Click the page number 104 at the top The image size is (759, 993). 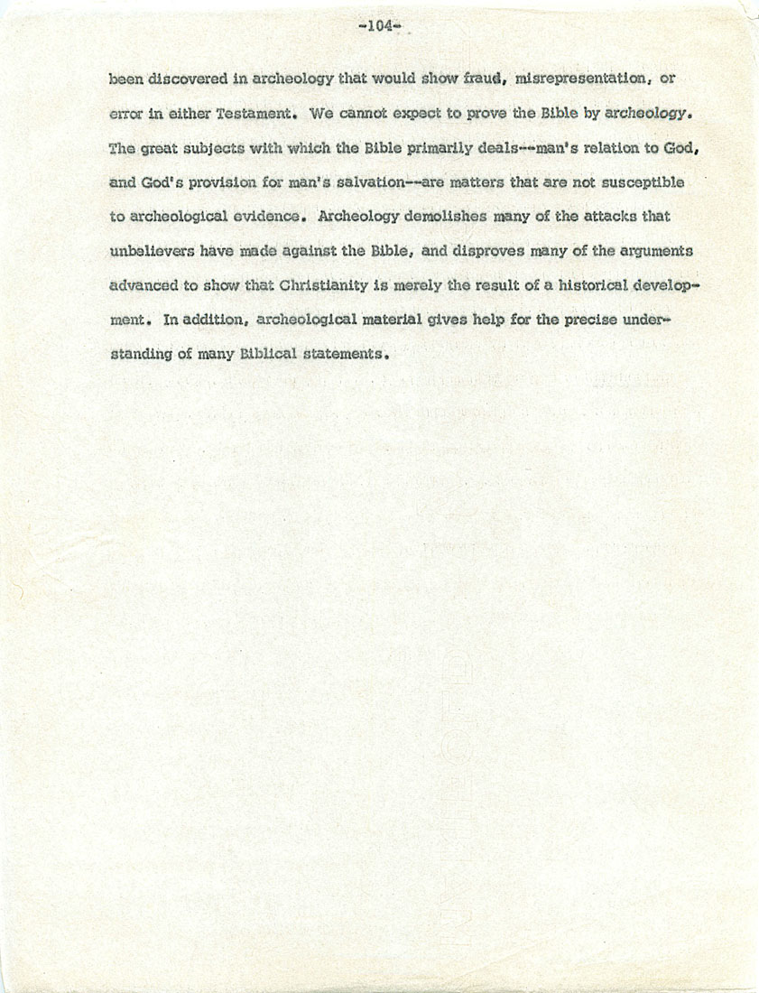[x=378, y=26]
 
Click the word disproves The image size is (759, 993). [x=480, y=252]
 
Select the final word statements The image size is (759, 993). [x=352, y=355]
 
